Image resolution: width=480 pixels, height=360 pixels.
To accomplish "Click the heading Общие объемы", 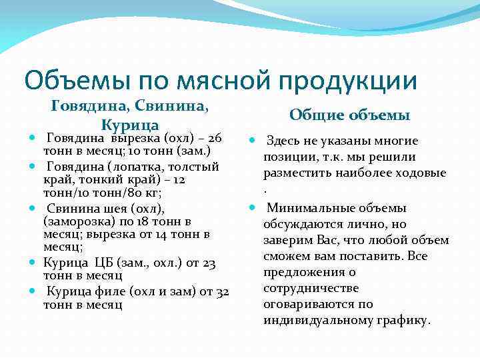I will tap(349, 115).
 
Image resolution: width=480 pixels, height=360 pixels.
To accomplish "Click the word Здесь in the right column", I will tap(284, 141).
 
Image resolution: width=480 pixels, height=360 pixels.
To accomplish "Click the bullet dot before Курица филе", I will tap(33, 291).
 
